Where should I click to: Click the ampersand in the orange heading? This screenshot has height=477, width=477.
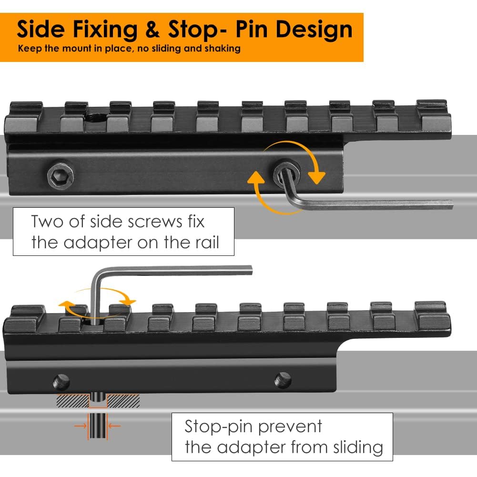[152, 29]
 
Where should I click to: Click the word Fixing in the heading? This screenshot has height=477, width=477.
[105, 30]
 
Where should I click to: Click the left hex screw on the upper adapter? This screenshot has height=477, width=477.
[61, 176]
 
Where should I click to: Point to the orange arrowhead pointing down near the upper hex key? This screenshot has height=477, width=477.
[316, 177]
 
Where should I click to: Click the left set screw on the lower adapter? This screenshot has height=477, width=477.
[61, 382]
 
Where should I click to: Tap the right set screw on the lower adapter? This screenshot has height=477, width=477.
[283, 379]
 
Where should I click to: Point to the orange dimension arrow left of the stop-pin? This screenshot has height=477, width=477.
[81, 426]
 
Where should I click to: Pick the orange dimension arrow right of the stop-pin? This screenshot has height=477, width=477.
[114, 426]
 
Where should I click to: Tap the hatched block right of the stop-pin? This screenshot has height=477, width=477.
[123, 401]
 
